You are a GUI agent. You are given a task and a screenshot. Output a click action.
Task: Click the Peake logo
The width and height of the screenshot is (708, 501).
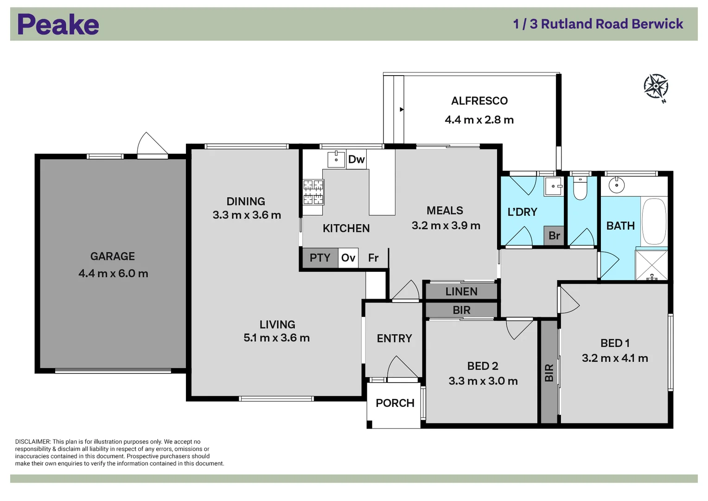tap(58, 25)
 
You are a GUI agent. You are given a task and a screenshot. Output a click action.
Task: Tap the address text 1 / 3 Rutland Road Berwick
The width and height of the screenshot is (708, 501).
tap(598, 24)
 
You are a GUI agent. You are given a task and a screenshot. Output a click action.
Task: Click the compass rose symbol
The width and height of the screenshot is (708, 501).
tap(656, 86)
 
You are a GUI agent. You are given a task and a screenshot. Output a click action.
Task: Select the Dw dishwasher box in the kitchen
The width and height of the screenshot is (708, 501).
tap(356, 159)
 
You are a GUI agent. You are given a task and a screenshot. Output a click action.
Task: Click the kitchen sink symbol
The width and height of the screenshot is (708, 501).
tap(336, 159)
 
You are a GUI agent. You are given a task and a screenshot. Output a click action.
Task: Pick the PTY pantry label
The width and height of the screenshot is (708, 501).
tap(320, 258)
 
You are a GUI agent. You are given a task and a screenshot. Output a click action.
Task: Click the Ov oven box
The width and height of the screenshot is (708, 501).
tap(348, 258)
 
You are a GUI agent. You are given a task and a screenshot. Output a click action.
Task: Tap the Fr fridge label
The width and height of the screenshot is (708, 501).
tap(373, 258)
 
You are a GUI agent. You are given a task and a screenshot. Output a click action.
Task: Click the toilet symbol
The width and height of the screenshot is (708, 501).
tap(580, 188)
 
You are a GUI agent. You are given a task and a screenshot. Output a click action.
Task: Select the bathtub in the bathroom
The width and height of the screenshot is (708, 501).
tap(654, 221)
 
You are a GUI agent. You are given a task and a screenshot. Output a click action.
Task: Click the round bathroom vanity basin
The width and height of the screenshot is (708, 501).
tap(617, 186)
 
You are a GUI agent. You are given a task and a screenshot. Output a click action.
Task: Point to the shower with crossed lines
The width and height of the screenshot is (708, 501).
tap(651, 265)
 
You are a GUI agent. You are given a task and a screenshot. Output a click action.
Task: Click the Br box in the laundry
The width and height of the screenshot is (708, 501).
tap(554, 236)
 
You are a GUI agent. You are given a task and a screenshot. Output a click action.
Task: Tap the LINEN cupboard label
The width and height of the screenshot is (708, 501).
tap(461, 291)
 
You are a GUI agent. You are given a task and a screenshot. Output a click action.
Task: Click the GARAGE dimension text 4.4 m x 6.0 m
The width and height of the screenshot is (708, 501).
tap(113, 273)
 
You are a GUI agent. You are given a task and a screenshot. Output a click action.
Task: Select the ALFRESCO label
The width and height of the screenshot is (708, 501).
tap(479, 101)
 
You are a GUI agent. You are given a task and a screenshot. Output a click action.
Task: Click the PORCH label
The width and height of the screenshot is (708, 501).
tap(395, 403)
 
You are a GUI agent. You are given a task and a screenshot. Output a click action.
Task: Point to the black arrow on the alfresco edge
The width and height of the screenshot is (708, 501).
tap(402, 109)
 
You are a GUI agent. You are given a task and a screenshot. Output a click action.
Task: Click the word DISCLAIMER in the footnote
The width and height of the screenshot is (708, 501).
tap(32, 442)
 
